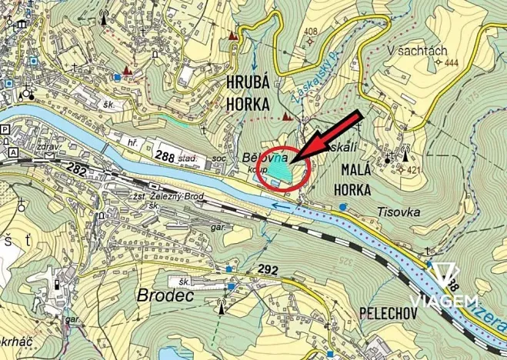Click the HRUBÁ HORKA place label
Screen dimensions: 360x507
248,92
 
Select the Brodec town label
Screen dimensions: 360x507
162,295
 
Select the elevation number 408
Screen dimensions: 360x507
311,32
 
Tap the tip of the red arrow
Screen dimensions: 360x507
295,160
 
